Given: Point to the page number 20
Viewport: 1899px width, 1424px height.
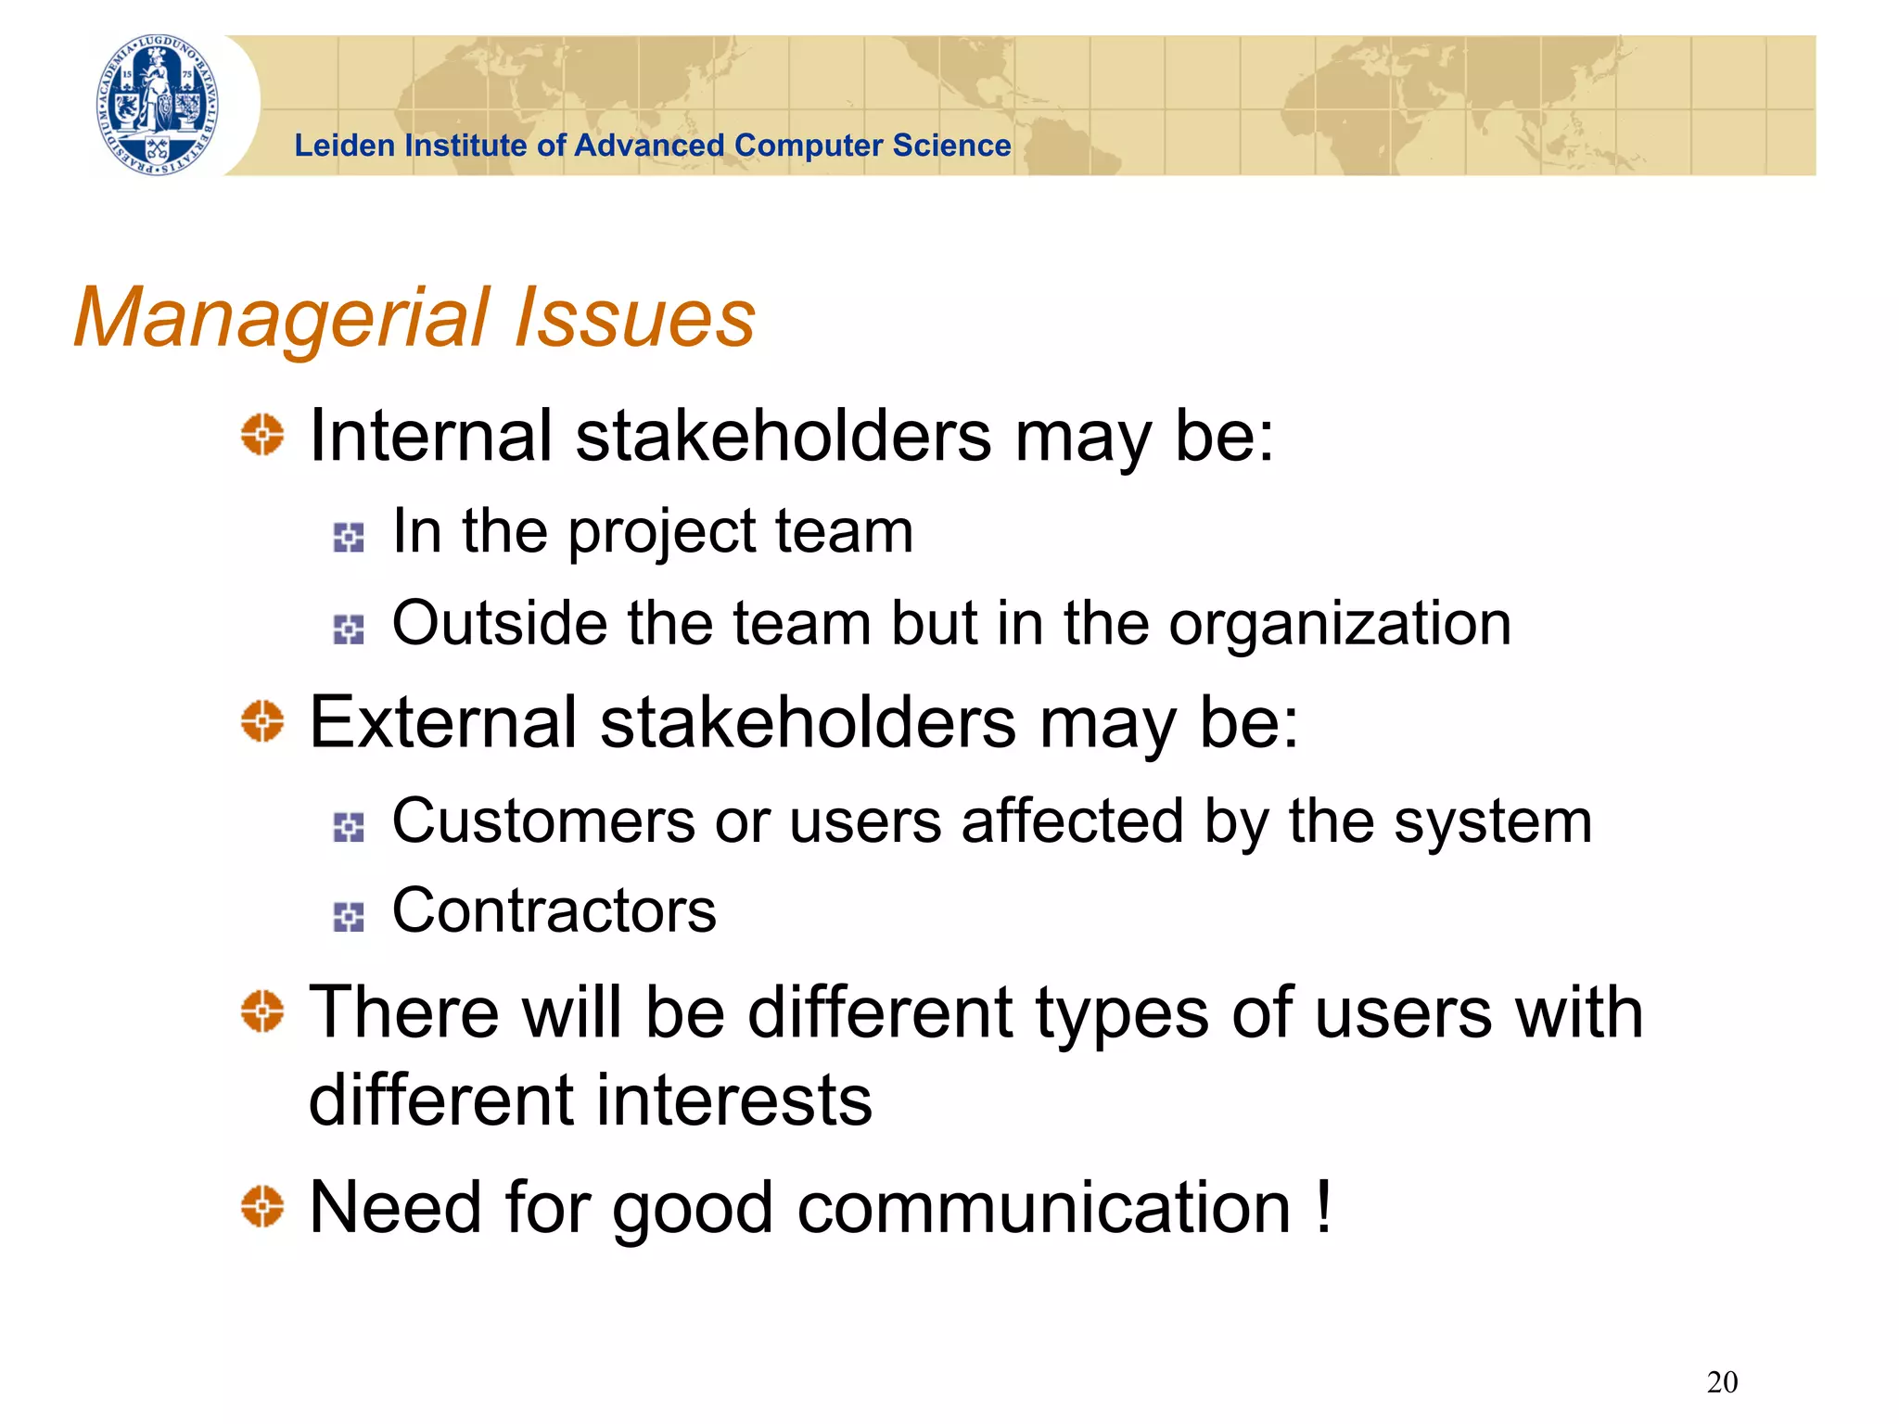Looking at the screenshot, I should click(1722, 1382).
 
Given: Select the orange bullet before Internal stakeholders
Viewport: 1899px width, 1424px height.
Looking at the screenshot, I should click(261, 435).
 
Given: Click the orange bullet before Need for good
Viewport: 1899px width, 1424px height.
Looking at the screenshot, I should click(261, 1206).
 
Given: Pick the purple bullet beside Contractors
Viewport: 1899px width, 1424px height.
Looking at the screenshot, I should click(349, 917).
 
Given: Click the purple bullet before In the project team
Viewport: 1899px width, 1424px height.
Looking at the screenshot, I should click(349, 537).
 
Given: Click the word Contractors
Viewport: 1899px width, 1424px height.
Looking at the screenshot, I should click(554, 911).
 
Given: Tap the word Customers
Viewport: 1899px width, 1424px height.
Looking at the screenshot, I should click(543, 821).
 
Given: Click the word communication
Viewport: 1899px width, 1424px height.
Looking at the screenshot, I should click(1044, 1209).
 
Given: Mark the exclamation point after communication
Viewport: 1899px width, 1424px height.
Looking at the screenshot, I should click(1323, 1205).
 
